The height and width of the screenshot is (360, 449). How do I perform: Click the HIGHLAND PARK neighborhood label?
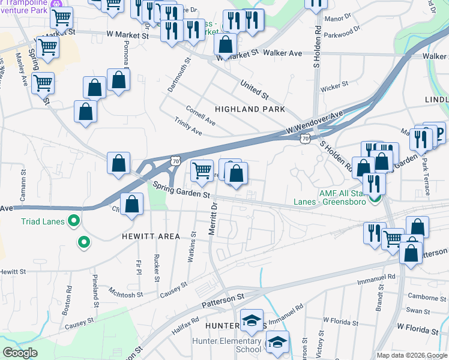250,109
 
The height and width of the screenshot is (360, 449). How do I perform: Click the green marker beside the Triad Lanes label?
74,221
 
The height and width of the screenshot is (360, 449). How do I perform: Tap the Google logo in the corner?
20,353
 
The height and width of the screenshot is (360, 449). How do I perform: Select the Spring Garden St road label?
180,190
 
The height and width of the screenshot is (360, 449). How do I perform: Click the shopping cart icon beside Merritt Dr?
202,170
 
